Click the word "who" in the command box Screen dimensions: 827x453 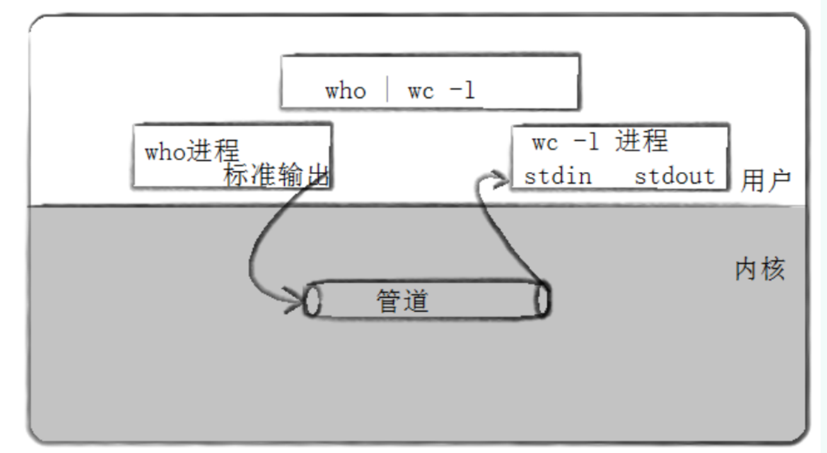click(346, 91)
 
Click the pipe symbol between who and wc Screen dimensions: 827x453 click(387, 90)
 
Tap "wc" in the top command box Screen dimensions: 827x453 click(421, 91)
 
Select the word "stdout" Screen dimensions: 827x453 click(674, 176)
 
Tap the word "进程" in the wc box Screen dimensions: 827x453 click(641, 141)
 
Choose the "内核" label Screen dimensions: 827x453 click(759, 271)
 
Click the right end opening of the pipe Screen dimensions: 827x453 click(542, 299)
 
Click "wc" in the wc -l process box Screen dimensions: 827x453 click(545, 142)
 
